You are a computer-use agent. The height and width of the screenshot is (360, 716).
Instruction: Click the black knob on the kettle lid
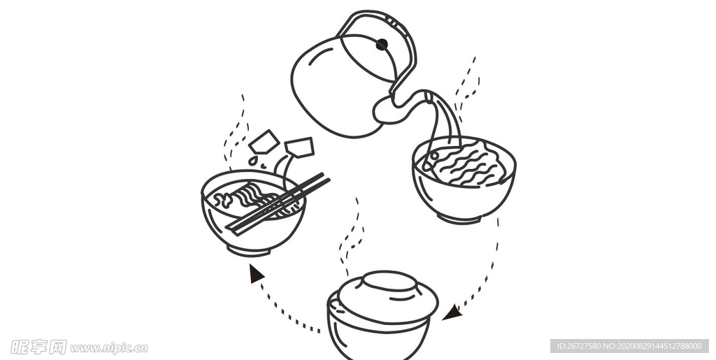pyautogui.click(x=381, y=45)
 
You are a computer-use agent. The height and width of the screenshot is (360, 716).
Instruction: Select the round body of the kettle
pyautogui.click(x=332, y=91)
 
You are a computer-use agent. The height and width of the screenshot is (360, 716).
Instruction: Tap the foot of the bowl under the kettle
pyautogui.click(x=459, y=219)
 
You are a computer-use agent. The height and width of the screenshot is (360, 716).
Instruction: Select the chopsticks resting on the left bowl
pyautogui.click(x=280, y=203)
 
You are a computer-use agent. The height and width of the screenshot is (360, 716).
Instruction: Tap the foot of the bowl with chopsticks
pyautogui.click(x=249, y=250)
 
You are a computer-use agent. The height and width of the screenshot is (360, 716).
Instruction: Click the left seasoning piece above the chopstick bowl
pyautogui.click(x=264, y=142)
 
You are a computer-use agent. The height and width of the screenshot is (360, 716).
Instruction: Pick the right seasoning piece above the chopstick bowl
pyautogui.click(x=299, y=147)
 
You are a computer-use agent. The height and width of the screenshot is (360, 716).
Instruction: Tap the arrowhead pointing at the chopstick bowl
pyautogui.click(x=256, y=273)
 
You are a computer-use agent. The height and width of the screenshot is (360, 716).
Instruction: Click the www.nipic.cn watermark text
pyautogui.click(x=108, y=347)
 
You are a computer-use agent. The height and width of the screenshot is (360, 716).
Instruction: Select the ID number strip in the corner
pyautogui.click(x=629, y=346)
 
